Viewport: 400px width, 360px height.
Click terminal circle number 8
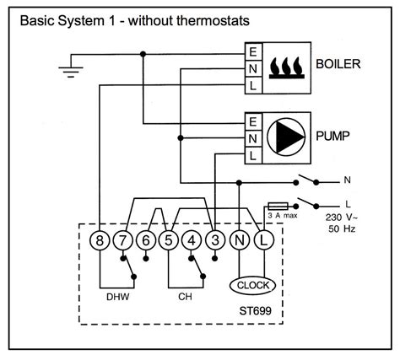click(100, 240)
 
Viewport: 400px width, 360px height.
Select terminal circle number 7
click(124, 240)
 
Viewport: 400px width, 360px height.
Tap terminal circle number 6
click(147, 240)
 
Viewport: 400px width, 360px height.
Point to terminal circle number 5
click(170, 240)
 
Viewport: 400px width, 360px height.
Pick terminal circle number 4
click(192, 240)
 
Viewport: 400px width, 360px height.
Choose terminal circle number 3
click(215, 240)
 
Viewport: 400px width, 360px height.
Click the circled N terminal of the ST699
click(239, 240)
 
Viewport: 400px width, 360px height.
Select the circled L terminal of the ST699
click(262, 240)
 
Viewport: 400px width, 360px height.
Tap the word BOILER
click(341, 64)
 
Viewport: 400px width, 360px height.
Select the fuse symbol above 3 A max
click(278, 205)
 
